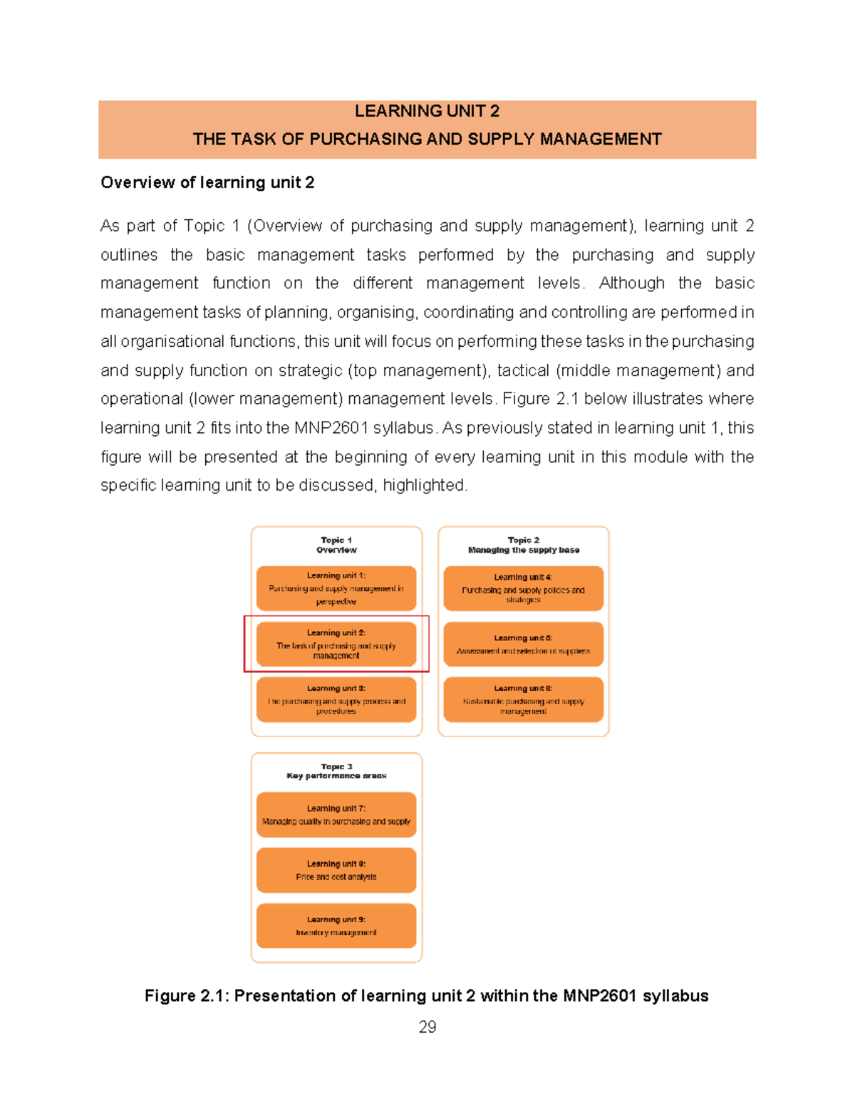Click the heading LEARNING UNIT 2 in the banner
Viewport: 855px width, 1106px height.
click(427, 111)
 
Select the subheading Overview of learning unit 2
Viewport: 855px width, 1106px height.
click(207, 182)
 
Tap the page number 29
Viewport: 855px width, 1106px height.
click(427, 1026)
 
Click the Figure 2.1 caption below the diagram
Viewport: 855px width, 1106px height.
click(426, 996)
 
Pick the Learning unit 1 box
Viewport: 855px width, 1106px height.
click(336, 588)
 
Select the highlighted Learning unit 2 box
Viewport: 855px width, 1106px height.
click(336, 644)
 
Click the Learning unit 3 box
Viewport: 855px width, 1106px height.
click(336, 699)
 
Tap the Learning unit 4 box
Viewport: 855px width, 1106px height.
click(523, 588)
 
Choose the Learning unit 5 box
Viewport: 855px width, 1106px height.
click(523, 644)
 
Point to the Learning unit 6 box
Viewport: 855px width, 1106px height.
click(523, 699)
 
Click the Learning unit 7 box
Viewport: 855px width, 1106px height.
click(336, 815)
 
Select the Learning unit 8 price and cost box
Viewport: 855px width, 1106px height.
click(336, 870)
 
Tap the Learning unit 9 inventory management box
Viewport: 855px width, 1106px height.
click(336, 926)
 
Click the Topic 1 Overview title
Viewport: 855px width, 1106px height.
click(336, 545)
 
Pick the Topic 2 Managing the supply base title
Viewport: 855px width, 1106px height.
click(523, 545)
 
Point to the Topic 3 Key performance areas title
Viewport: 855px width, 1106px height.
click(336, 771)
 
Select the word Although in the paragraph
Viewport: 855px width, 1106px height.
click(631, 283)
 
